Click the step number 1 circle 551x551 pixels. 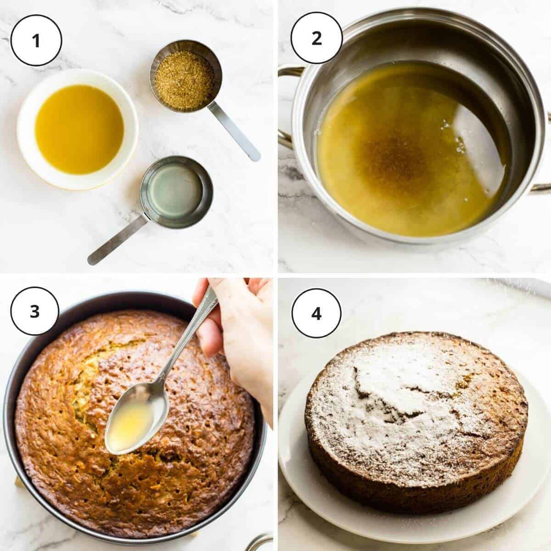[x=36, y=40]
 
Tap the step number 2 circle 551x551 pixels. [x=316, y=38]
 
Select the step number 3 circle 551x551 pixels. [x=35, y=311]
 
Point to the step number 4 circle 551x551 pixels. [x=316, y=313]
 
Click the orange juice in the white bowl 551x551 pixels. [x=79, y=129]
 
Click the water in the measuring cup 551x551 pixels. [x=177, y=192]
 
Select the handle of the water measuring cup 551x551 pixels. [x=117, y=240]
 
